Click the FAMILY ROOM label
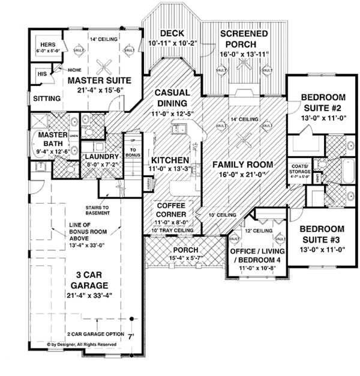pos(242,165)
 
